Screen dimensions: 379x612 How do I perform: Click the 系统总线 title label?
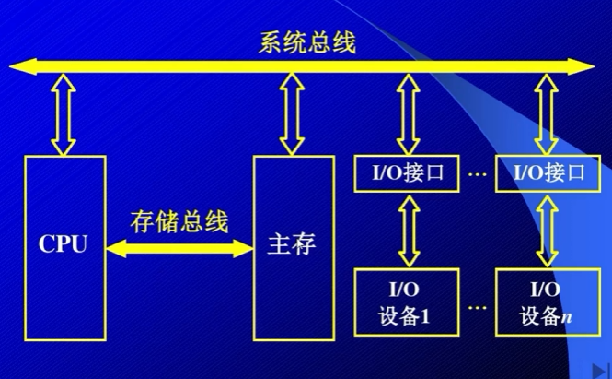307,43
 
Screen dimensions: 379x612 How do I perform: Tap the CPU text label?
63,246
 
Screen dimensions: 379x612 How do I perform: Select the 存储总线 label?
179,222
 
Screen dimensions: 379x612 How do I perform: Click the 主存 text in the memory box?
293,246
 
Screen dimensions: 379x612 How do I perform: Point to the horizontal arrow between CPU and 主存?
179,247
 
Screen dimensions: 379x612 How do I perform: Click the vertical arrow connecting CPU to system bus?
63,113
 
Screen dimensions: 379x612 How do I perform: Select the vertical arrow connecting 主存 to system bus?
293,113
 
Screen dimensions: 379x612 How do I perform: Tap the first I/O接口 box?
406,172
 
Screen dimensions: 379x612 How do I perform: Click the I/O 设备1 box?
406,302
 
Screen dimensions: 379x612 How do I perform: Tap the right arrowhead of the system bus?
586,65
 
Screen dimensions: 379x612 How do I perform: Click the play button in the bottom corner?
597,369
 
